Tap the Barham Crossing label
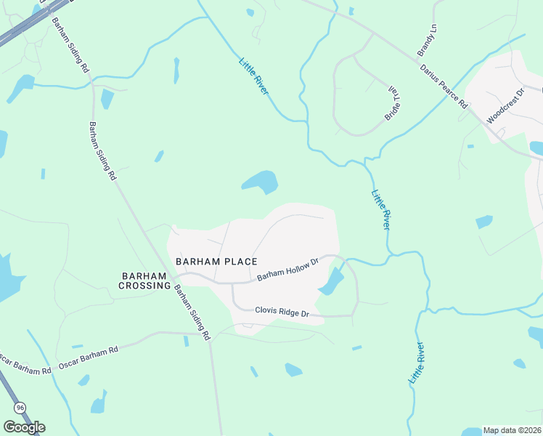coord(145,280)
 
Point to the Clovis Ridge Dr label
coord(282,312)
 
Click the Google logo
coord(24,427)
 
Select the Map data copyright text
coord(512,430)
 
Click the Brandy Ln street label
coord(427,41)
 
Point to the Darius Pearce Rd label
coord(443,86)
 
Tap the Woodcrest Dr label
coord(505,107)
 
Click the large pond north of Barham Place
coord(261,182)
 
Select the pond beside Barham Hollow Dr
coord(332,282)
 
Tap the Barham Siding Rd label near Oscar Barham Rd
coord(192,311)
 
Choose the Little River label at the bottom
coord(416,364)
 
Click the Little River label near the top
coord(254,76)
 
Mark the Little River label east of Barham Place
coord(381,210)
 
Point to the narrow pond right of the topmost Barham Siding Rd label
coord(176,70)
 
